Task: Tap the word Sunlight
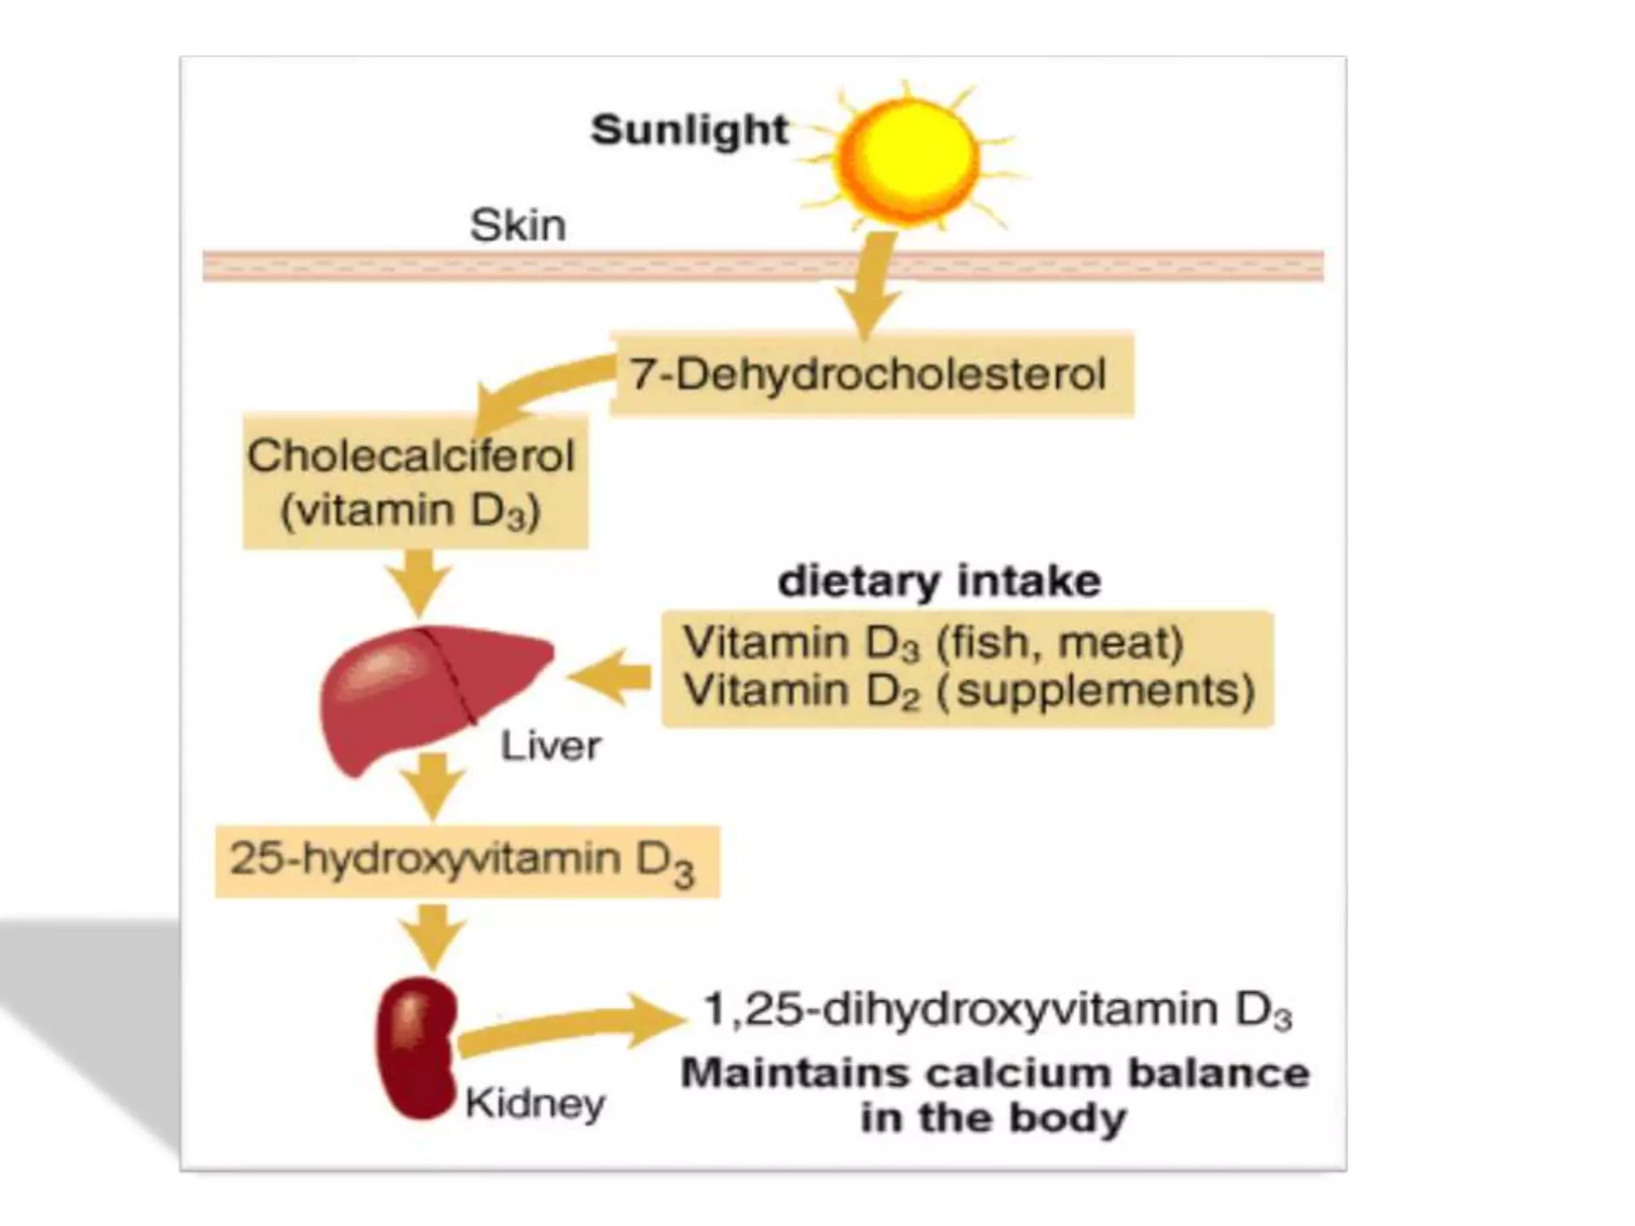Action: [690, 130]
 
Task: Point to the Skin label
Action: [517, 225]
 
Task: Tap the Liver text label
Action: [550, 746]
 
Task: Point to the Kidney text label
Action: [534, 1104]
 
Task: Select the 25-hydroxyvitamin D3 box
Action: [466, 861]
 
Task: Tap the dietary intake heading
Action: [939, 580]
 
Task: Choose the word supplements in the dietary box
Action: [1104, 691]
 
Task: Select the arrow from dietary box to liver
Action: [612, 677]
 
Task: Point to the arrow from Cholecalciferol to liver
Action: [421, 581]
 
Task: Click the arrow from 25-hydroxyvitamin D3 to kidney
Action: [431, 935]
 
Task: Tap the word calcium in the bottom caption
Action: [1017, 1074]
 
